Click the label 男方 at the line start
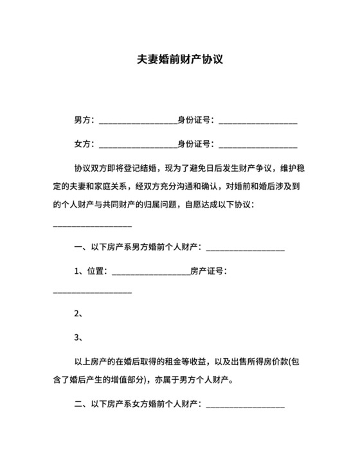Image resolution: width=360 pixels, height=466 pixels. pyautogui.click(x=82, y=120)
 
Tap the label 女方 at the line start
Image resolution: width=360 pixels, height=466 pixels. pyautogui.click(x=82, y=144)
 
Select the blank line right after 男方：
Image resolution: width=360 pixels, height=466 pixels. pyautogui.click(x=138, y=121)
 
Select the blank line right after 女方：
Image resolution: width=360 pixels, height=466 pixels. pyautogui.click(x=138, y=145)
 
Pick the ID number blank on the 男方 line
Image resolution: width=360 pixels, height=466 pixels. pyautogui.click(x=258, y=121)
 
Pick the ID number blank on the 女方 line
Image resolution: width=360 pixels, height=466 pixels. pyautogui.click(x=258, y=145)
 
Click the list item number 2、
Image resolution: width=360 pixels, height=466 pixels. pyautogui.click(x=79, y=314)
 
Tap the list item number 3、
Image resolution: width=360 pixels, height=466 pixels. pyautogui.click(x=79, y=337)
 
